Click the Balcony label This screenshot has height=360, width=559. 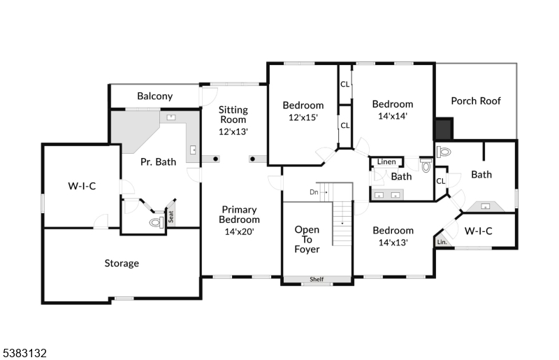click(x=154, y=96)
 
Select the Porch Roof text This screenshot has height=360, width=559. click(x=476, y=101)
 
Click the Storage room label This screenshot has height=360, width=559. click(x=122, y=264)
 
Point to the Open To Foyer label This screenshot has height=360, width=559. click(x=307, y=239)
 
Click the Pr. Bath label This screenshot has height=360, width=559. click(x=158, y=162)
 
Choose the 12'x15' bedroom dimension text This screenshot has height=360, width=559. click(x=303, y=117)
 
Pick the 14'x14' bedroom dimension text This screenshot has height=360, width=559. click(x=392, y=116)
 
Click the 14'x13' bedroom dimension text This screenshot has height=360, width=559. click(x=392, y=243)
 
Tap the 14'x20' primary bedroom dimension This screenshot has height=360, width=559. click(x=240, y=231)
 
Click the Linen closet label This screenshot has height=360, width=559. click(x=386, y=162)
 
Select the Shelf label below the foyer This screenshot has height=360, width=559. click(x=317, y=280)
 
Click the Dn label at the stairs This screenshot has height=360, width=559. click(x=314, y=192)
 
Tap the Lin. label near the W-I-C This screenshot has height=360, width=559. click(x=442, y=242)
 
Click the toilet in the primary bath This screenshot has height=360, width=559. click(x=156, y=223)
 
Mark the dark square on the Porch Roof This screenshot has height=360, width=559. click(x=443, y=129)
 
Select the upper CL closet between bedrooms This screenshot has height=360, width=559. click(x=345, y=84)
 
